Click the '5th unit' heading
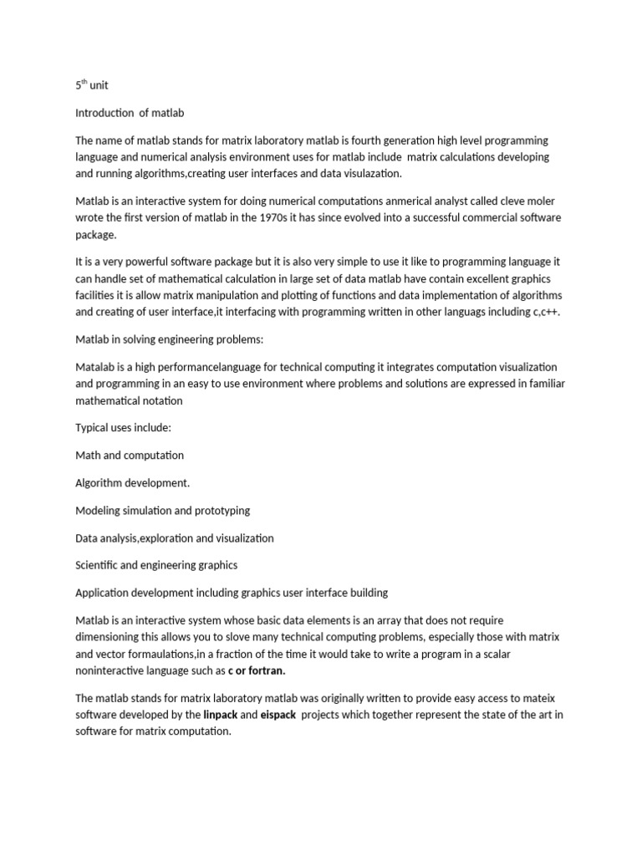point(91,85)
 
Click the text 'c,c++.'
point(547,312)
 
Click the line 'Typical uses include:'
point(123,428)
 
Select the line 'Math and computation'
point(130,456)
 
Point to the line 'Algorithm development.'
point(133,483)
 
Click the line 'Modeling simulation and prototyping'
point(163,511)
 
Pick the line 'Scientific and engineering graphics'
point(156,565)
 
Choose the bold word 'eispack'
point(278,716)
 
